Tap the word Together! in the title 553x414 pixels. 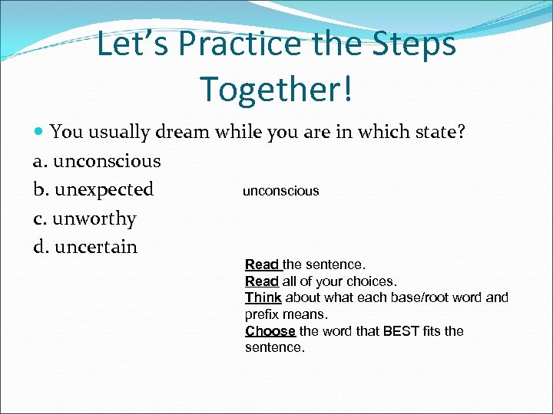tap(276, 89)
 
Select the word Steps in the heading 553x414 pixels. tap(414, 44)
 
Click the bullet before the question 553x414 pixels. tap(39, 132)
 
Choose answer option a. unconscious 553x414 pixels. tap(97, 161)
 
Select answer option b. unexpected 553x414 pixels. tap(93, 189)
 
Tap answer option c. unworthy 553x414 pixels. tap(84, 219)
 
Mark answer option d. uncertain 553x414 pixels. tap(85, 247)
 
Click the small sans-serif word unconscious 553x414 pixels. tap(280, 191)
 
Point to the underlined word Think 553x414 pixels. tap(263, 297)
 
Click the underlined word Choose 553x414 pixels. tap(270, 331)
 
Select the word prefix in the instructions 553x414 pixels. tap(263, 314)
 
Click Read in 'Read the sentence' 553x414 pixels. tap(262, 264)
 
